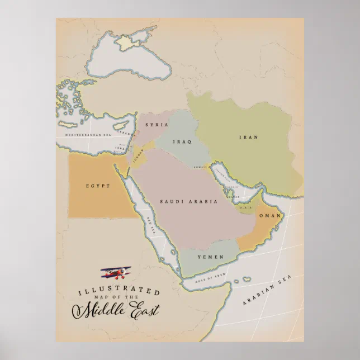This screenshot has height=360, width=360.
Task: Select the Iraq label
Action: coord(183,142)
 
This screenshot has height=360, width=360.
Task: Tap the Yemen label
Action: coord(211,257)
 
